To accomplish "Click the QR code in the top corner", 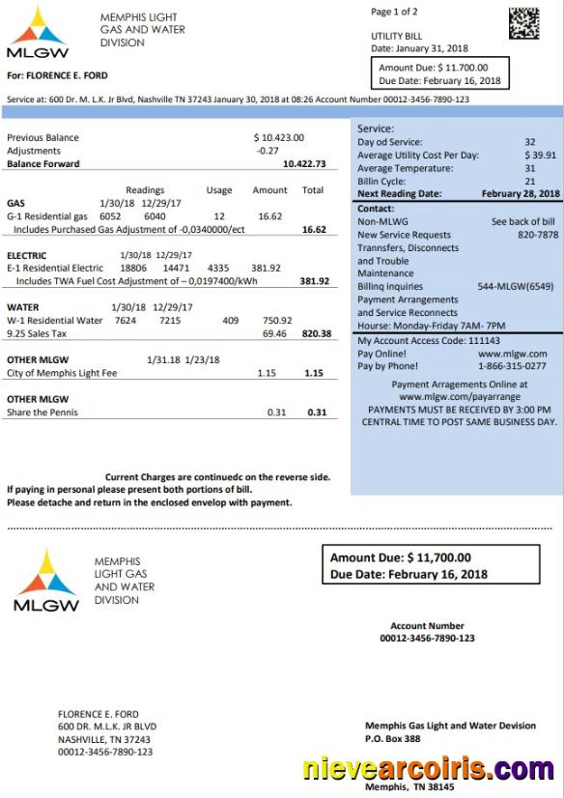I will pos(524,23).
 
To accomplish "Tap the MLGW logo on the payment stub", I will pos(46,580).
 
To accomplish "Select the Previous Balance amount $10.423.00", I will pos(278,138).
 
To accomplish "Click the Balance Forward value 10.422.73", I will pos(304,164).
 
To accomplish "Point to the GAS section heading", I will pos(15,204).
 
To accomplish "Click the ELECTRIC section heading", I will pos(27,256).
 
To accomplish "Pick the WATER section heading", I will pos(22,307).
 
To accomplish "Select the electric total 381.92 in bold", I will pos(314,281).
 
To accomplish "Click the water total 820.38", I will pos(316,333).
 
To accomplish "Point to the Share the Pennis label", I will pos(42,413).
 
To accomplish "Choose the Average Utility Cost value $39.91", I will pos(540,155).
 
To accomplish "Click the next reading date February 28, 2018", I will pos(521,194).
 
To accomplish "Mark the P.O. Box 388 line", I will pos(393,739).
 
